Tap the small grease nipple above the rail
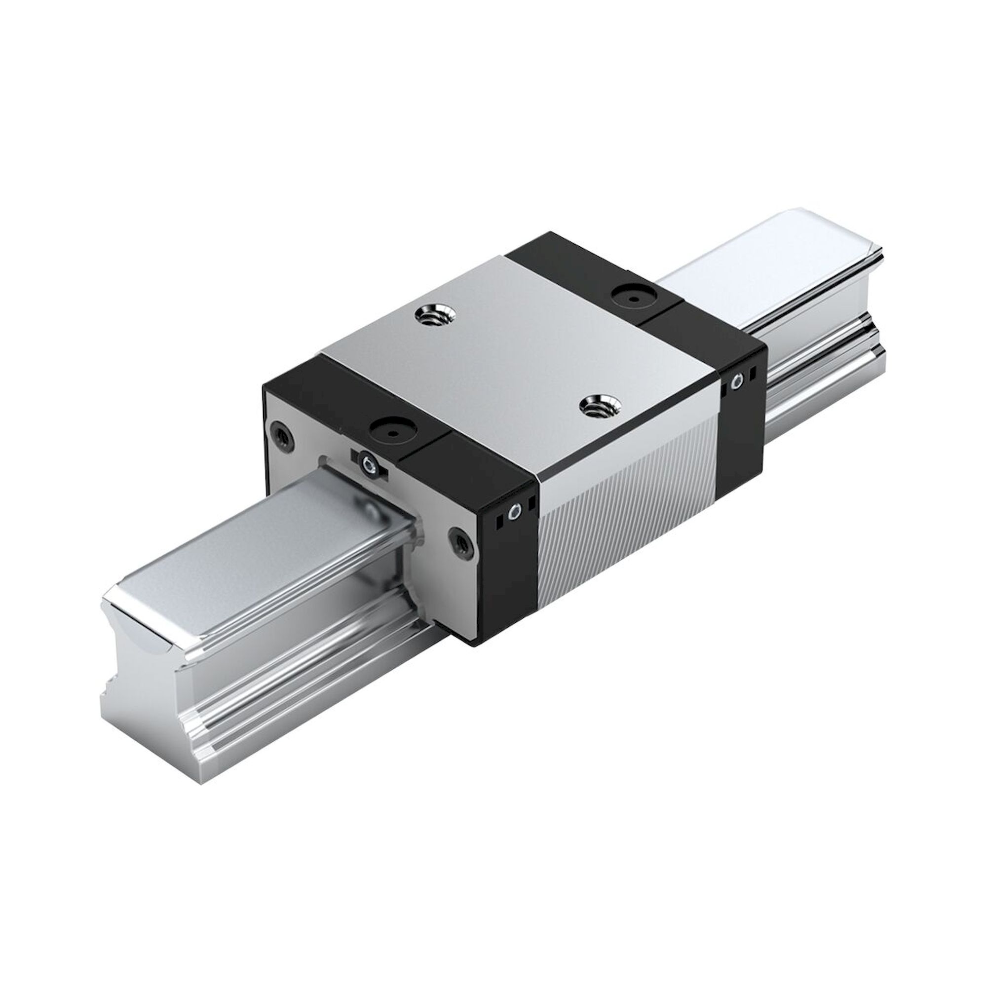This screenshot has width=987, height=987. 367,463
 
